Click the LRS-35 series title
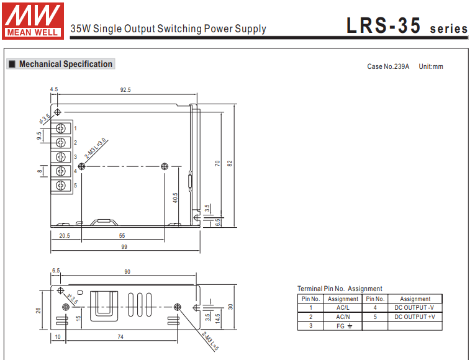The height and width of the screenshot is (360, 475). click(x=407, y=27)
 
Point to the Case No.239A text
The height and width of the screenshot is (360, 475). click(x=388, y=66)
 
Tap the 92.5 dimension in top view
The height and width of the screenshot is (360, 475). click(x=125, y=90)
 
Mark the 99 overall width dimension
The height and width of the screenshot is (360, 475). click(x=124, y=247)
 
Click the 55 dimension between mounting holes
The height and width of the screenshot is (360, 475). click(x=122, y=236)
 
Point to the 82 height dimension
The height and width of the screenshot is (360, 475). click(x=230, y=163)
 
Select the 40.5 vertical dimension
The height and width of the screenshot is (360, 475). click(x=176, y=197)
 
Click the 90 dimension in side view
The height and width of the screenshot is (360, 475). click(x=128, y=272)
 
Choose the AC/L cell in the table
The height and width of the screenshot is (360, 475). click(x=343, y=308)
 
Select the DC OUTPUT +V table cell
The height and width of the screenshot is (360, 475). click(x=415, y=317)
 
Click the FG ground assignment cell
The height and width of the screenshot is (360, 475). click(x=343, y=326)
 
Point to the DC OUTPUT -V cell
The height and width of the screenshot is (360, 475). click(x=415, y=308)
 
